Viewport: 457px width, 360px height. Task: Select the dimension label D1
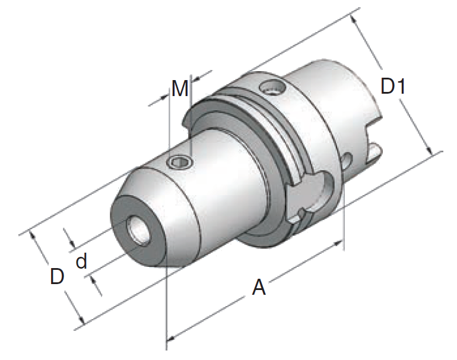[392, 87]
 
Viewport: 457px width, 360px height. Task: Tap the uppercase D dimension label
[56, 276]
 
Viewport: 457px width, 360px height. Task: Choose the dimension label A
[259, 288]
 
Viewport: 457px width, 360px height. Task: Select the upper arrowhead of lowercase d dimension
[72, 244]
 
